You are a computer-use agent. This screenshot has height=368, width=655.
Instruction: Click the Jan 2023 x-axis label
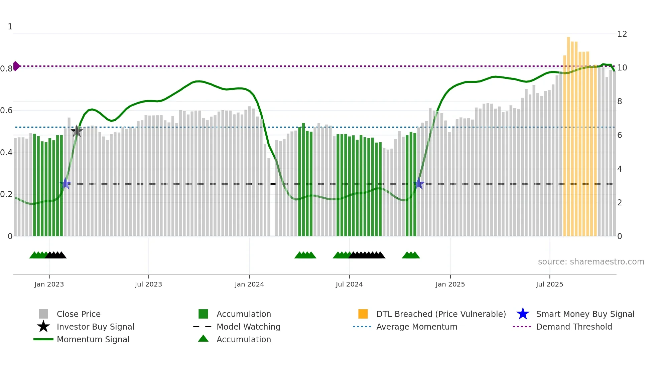tap(49, 284)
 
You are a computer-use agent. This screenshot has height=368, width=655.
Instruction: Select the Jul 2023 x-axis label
tap(148, 284)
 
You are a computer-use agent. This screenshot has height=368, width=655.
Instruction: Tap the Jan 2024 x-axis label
tap(249, 284)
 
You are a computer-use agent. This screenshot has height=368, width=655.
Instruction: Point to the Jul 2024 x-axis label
tap(349, 284)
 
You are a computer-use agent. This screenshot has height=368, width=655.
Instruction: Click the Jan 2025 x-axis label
tap(450, 284)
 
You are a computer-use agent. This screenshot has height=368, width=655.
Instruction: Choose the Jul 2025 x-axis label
tap(549, 284)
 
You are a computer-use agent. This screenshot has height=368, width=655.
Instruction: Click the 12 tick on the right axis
tap(622, 34)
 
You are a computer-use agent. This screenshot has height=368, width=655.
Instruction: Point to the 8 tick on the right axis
tap(620, 102)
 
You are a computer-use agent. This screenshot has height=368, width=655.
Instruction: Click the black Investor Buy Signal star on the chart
tap(77, 131)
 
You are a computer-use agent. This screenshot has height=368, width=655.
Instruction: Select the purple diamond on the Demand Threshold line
tap(16, 66)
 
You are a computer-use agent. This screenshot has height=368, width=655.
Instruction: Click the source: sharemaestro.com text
tap(591, 262)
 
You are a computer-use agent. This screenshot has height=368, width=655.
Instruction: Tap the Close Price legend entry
tap(79, 314)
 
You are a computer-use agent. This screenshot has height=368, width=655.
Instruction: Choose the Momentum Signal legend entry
tap(93, 340)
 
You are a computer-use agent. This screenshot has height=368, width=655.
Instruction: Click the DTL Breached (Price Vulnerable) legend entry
tap(441, 314)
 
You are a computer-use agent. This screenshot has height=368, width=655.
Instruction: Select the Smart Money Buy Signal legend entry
tap(585, 314)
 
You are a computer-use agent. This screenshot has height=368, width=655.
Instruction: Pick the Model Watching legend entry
tap(248, 327)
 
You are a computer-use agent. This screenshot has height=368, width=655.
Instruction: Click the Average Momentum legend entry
tap(417, 327)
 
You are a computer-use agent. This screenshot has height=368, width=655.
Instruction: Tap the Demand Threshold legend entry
tap(574, 327)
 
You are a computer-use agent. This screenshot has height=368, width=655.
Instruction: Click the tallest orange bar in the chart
tap(568, 134)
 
